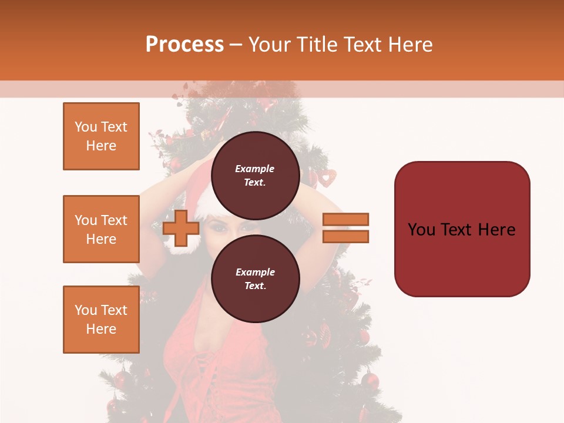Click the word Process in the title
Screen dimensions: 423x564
[184, 45]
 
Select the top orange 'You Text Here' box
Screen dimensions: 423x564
[101, 136]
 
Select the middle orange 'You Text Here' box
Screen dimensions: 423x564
[101, 229]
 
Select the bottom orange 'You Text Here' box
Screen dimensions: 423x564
[101, 320]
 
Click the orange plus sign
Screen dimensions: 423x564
[181, 228]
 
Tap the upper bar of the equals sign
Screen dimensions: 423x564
[346, 219]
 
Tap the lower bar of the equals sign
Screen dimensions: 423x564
[346, 236]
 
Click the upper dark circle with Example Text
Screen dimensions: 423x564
[255, 175]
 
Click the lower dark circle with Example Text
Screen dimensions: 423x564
[255, 278]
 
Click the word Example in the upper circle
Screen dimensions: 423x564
[255, 169]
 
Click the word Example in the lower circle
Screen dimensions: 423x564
[255, 272]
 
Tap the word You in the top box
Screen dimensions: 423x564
[85, 127]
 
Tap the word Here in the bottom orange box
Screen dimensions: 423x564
[101, 329]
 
